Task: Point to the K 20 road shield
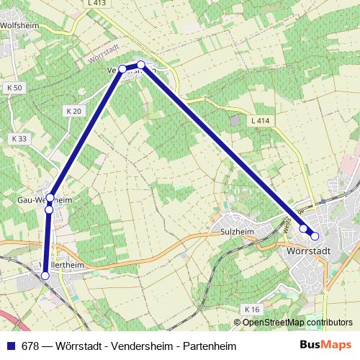tap(73, 111)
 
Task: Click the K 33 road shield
tap(19, 138)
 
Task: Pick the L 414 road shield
tap(261, 121)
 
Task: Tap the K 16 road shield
tap(251, 309)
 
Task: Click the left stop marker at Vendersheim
tap(122, 69)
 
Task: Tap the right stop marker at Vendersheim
tap(141, 66)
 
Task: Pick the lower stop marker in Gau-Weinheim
tap(49, 210)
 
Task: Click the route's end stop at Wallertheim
tap(45, 275)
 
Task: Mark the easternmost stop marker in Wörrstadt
tap(315, 236)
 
